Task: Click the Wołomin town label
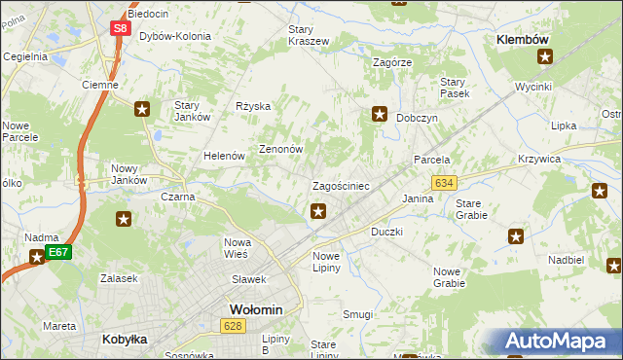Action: [255, 309]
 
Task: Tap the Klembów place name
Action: [524, 39]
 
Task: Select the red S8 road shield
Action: [120, 28]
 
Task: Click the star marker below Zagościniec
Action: [318, 210]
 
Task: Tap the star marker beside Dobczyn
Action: [380, 114]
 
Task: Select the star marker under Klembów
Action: [544, 57]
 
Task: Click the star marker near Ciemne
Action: [142, 109]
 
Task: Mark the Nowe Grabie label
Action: [449, 277]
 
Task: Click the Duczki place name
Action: [386, 233]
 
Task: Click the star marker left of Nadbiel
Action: [516, 236]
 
